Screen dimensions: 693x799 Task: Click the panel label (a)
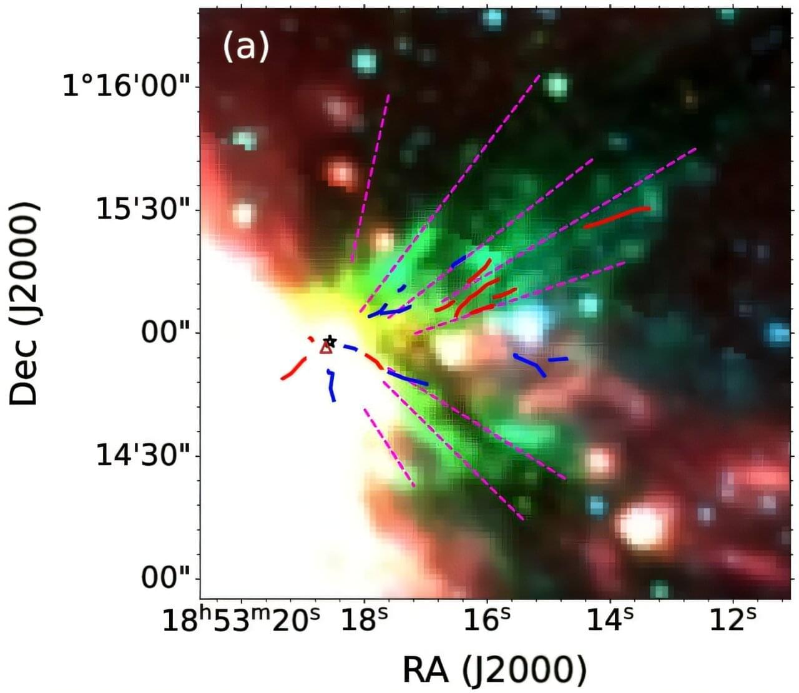[245, 46]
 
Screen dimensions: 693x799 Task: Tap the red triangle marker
[325, 348]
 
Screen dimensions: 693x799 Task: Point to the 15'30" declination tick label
[144, 210]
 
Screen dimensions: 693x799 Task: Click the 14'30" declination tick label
[144, 456]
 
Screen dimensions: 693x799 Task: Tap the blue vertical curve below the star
[332, 386]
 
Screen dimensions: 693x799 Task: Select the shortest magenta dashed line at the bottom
[388, 446]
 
